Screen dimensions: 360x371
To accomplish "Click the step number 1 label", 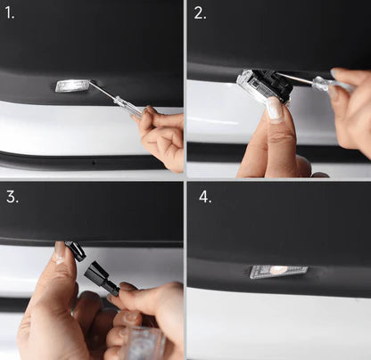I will point(10,13).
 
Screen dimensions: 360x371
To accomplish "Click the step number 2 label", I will point(200,13).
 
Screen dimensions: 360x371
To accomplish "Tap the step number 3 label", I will point(12,197).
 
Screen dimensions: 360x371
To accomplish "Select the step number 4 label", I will point(205,197).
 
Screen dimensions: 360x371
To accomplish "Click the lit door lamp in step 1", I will point(72,86).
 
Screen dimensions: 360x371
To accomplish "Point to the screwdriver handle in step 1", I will point(130,107).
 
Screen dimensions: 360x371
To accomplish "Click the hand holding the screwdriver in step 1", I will point(163,134).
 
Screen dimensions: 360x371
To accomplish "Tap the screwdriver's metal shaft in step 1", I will point(104,94).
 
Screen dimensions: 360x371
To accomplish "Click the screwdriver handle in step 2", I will point(328,85).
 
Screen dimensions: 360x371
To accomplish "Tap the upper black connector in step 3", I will point(78,253).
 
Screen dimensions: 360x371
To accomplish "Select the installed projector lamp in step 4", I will point(278,271).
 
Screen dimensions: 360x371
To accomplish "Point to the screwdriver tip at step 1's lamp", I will point(91,86).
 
